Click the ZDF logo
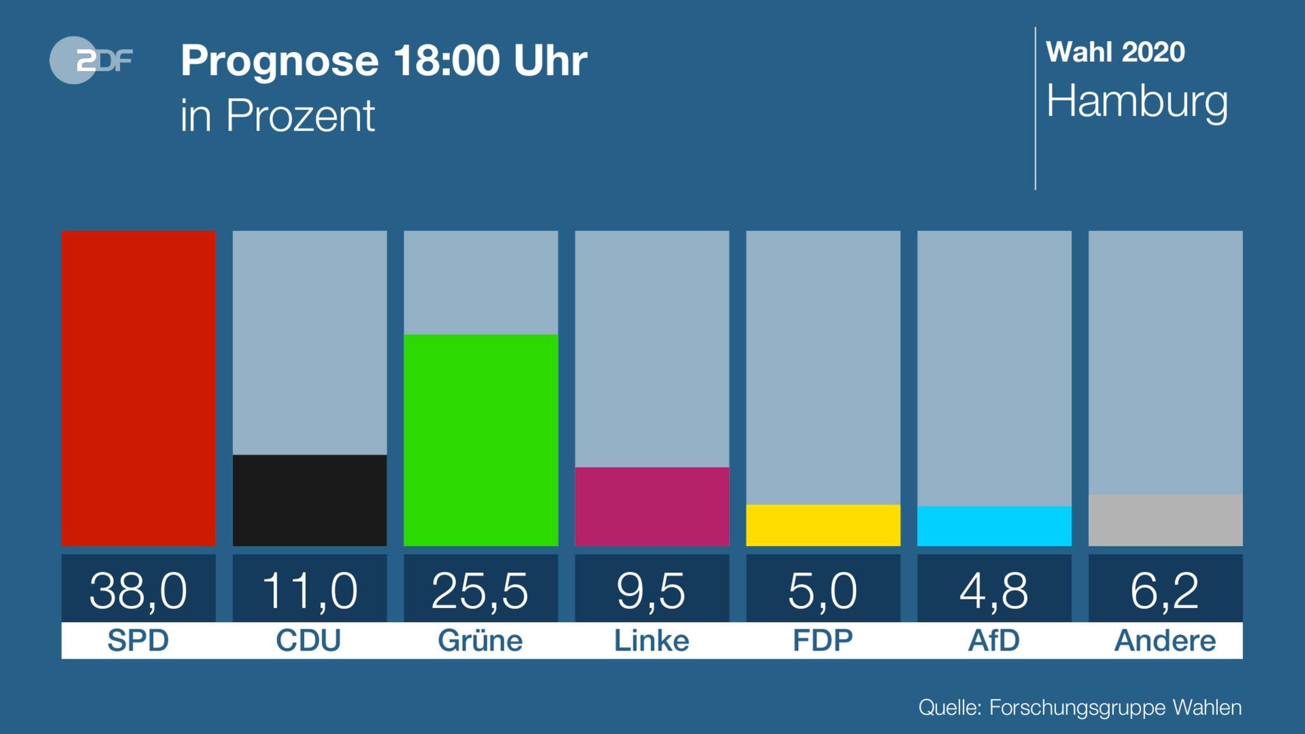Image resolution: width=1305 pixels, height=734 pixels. [x=91, y=60]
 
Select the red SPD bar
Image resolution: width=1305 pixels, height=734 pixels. [x=139, y=388]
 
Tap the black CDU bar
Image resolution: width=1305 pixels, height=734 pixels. [x=309, y=500]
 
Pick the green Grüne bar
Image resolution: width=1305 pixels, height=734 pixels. [x=481, y=440]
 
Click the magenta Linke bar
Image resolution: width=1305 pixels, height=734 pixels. [x=652, y=506]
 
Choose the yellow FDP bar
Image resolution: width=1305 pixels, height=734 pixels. [x=823, y=525]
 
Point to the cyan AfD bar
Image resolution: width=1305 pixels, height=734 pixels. [x=994, y=526]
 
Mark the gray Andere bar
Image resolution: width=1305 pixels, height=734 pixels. [x=1165, y=520]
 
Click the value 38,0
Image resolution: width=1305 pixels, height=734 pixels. [x=139, y=590]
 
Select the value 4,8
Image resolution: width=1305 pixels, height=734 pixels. [x=994, y=590]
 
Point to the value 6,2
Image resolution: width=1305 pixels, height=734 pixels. [x=1165, y=590]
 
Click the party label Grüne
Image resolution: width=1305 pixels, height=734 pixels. [x=480, y=640]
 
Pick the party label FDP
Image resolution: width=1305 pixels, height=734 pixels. [x=823, y=640]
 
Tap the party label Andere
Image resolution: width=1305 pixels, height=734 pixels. [x=1165, y=640]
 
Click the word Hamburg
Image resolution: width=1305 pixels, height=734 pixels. [x=1137, y=102]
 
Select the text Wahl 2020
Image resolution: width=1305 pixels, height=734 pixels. [x=1115, y=53]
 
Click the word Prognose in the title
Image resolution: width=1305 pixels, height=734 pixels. [x=279, y=60]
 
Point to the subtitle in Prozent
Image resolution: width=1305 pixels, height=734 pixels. [x=277, y=115]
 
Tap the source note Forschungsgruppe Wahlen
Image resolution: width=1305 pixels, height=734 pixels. [x=1115, y=708]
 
